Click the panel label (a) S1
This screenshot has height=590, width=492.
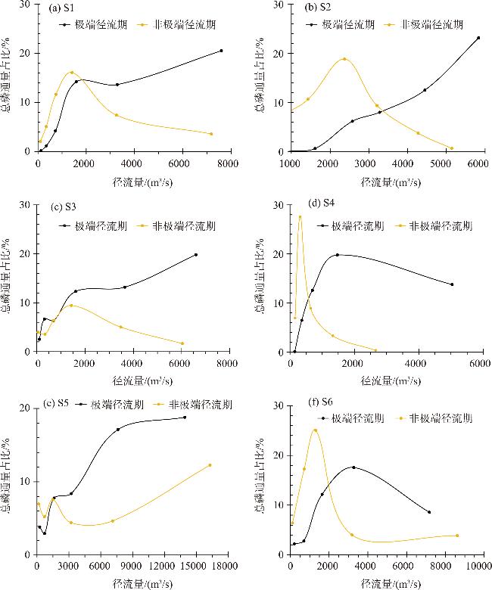66,9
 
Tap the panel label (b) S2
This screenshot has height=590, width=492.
319,8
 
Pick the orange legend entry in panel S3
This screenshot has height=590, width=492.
176,225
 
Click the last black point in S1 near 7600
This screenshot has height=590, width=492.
221,51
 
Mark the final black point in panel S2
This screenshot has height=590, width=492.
478,38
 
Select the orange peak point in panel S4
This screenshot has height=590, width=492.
300,217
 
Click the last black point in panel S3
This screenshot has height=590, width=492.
196,255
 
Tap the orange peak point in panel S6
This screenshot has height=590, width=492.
315,430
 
